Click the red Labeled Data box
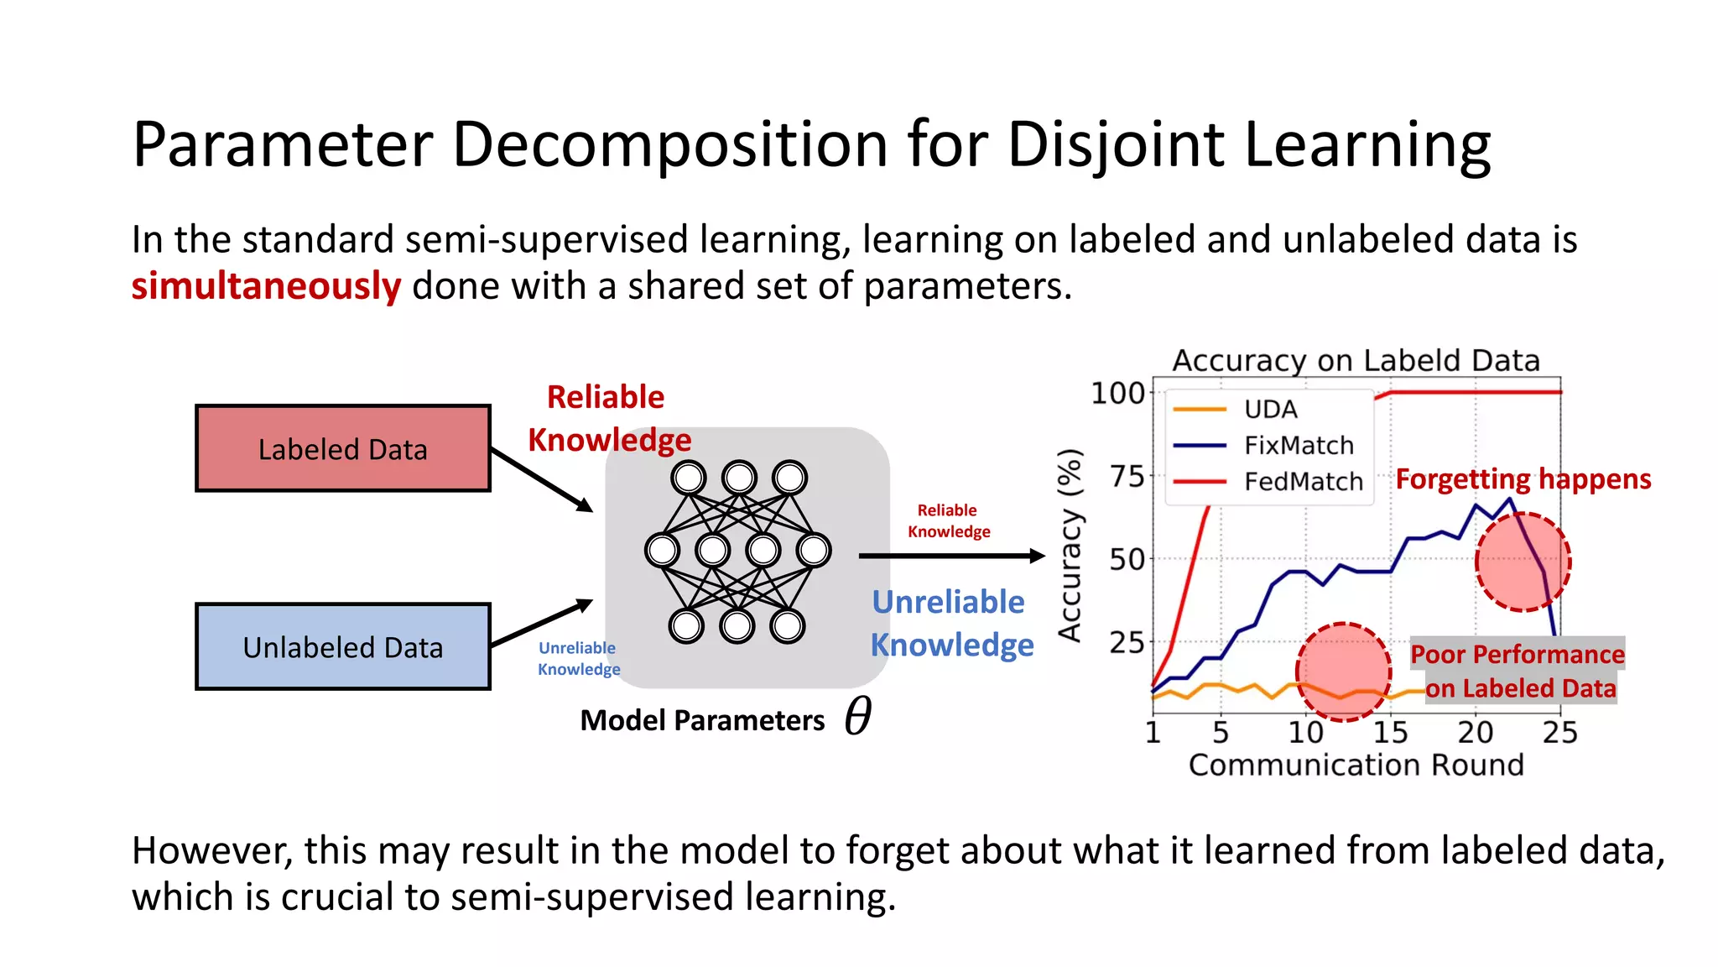coord(342,448)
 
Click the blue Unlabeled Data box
coord(342,646)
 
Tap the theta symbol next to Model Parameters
coord(857,716)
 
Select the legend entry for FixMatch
coord(1298,445)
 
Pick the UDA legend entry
coord(1270,409)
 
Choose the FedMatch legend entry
coord(1302,481)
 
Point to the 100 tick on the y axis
coord(1117,393)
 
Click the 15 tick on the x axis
coord(1390,733)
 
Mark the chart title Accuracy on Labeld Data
coord(1356,360)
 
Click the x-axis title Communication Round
coord(1356,765)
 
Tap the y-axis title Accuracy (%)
coord(1070,546)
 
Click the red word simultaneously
coord(266,286)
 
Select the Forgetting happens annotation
coord(1523,478)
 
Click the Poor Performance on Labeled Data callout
coord(1517,671)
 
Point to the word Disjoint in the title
coord(1116,144)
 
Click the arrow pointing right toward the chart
coord(951,556)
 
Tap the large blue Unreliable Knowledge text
coord(951,623)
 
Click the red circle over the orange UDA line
coord(1343,672)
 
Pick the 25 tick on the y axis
coord(1127,642)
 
